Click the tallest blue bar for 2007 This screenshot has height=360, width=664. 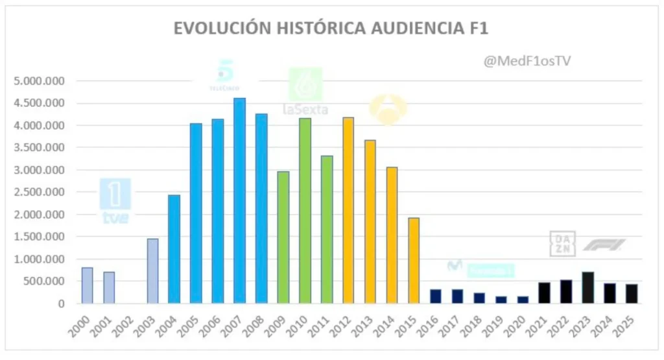click(x=239, y=200)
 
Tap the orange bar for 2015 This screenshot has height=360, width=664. click(x=414, y=260)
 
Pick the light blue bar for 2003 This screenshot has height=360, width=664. click(x=152, y=270)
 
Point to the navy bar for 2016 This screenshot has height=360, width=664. click(x=436, y=296)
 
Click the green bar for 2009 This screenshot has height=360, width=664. click(x=283, y=237)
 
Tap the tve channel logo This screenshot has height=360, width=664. click(x=115, y=201)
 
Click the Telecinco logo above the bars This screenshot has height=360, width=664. click(x=225, y=75)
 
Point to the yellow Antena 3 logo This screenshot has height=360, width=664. click(x=388, y=108)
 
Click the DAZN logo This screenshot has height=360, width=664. click(x=562, y=245)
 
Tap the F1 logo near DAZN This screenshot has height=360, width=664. click(x=604, y=245)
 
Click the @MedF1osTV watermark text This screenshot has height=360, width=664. click(x=527, y=60)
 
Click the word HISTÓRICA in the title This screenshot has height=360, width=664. click(x=326, y=29)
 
